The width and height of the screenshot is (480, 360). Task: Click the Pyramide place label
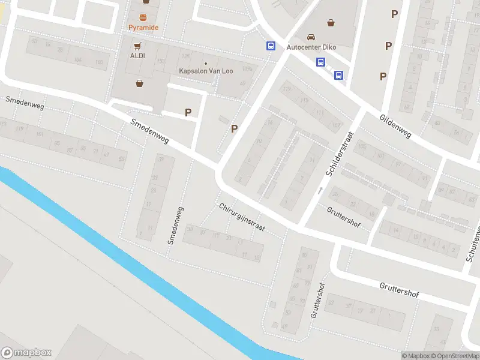(143, 28)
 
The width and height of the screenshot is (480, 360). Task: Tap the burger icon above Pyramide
(143, 17)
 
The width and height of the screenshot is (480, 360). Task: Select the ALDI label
(138, 56)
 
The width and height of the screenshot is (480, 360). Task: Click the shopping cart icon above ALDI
(138, 46)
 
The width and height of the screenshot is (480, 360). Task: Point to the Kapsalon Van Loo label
(206, 71)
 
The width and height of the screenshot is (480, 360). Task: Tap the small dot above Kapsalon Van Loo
(206, 63)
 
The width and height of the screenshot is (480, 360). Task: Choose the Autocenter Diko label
(311, 47)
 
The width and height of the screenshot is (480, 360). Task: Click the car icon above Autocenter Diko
(311, 37)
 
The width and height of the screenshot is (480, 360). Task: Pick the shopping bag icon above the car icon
(331, 23)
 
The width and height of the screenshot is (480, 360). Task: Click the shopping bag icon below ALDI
(140, 83)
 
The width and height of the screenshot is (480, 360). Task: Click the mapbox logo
(26, 353)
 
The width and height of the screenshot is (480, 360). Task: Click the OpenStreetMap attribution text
(454, 356)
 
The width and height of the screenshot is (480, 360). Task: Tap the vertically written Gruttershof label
(317, 300)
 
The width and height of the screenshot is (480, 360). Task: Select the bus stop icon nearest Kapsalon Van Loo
(271, 46)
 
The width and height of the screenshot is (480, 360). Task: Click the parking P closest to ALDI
(188, 112)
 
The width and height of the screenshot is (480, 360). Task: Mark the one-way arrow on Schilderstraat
(320, 191)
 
